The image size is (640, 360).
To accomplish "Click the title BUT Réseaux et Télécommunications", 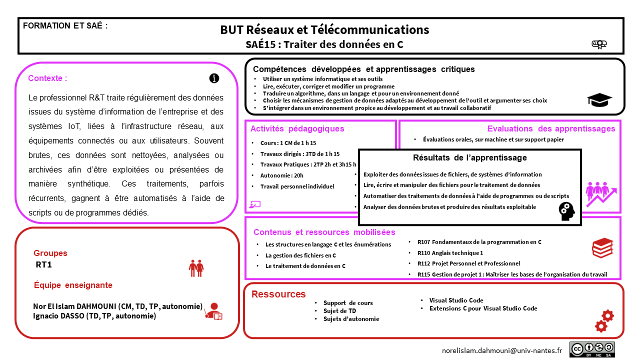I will click(x=324, y=30).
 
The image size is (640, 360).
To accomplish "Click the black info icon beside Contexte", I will click(x=214, y=78).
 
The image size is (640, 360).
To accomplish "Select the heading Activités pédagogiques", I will click(x=297, y=129).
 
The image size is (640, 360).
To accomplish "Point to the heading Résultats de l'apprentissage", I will click(x=469, y=158).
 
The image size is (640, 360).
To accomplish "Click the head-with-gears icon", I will click(x=566, y=211).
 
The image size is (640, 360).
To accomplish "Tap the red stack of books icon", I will click(x=602, y=247).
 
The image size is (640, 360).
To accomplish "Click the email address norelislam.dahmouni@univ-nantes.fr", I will click(x=502, y=351).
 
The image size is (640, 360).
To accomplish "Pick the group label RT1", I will click(x=44, y=264).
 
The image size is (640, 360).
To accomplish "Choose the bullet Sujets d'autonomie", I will click(x=351, y=319).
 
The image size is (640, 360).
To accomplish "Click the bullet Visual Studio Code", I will click(x=456, y=300).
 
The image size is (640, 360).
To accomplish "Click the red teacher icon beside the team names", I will click(x=213, y=311).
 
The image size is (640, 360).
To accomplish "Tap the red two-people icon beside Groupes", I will click(x=196, y=268).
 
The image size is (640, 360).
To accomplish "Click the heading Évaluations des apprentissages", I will click(x=551, y=129).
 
